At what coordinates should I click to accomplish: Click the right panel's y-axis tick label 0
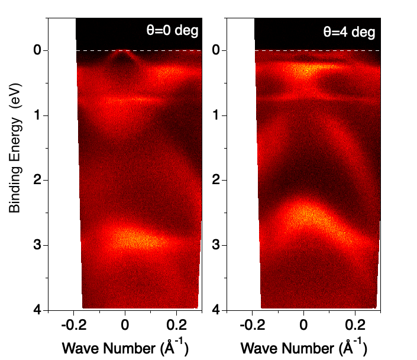pos(216,51)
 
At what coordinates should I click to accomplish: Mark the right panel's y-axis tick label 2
pos(216,180)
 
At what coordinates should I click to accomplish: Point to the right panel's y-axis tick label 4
pos(216,309)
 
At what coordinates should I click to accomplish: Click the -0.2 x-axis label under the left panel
pos(72,324)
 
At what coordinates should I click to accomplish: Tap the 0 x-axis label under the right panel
pos(303,324)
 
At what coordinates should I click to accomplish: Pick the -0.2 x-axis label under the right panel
pos(250,324)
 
